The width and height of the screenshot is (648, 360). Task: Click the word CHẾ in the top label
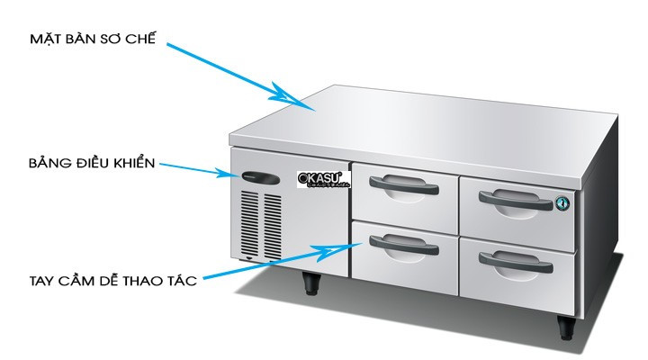pyautogui.click(x=142, y=39)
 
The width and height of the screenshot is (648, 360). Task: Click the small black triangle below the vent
pyautogui.click(x=248, y=258)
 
